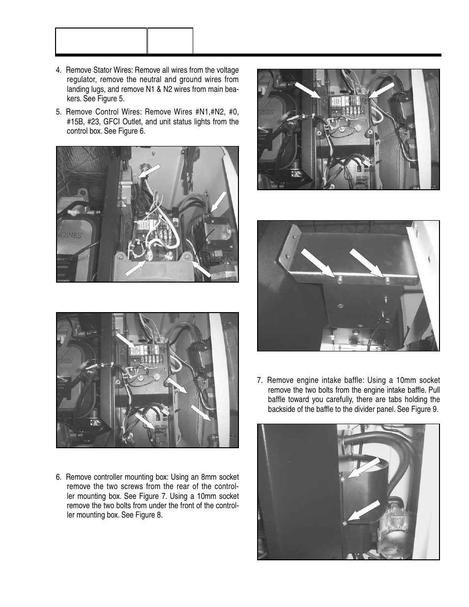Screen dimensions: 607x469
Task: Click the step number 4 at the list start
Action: (x=59, y=70)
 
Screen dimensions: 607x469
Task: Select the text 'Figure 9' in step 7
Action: (x=424, y=409)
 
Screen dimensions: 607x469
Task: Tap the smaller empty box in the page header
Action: (x=170, y=41)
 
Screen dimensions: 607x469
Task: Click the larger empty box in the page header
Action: (x=101, y=41)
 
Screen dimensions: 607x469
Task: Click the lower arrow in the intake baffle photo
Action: (x=363, y=511)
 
